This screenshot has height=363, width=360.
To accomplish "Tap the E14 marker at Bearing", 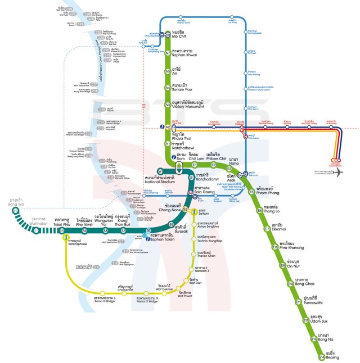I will tap(322, 357).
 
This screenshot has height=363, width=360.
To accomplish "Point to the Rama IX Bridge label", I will tap(148, 300).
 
